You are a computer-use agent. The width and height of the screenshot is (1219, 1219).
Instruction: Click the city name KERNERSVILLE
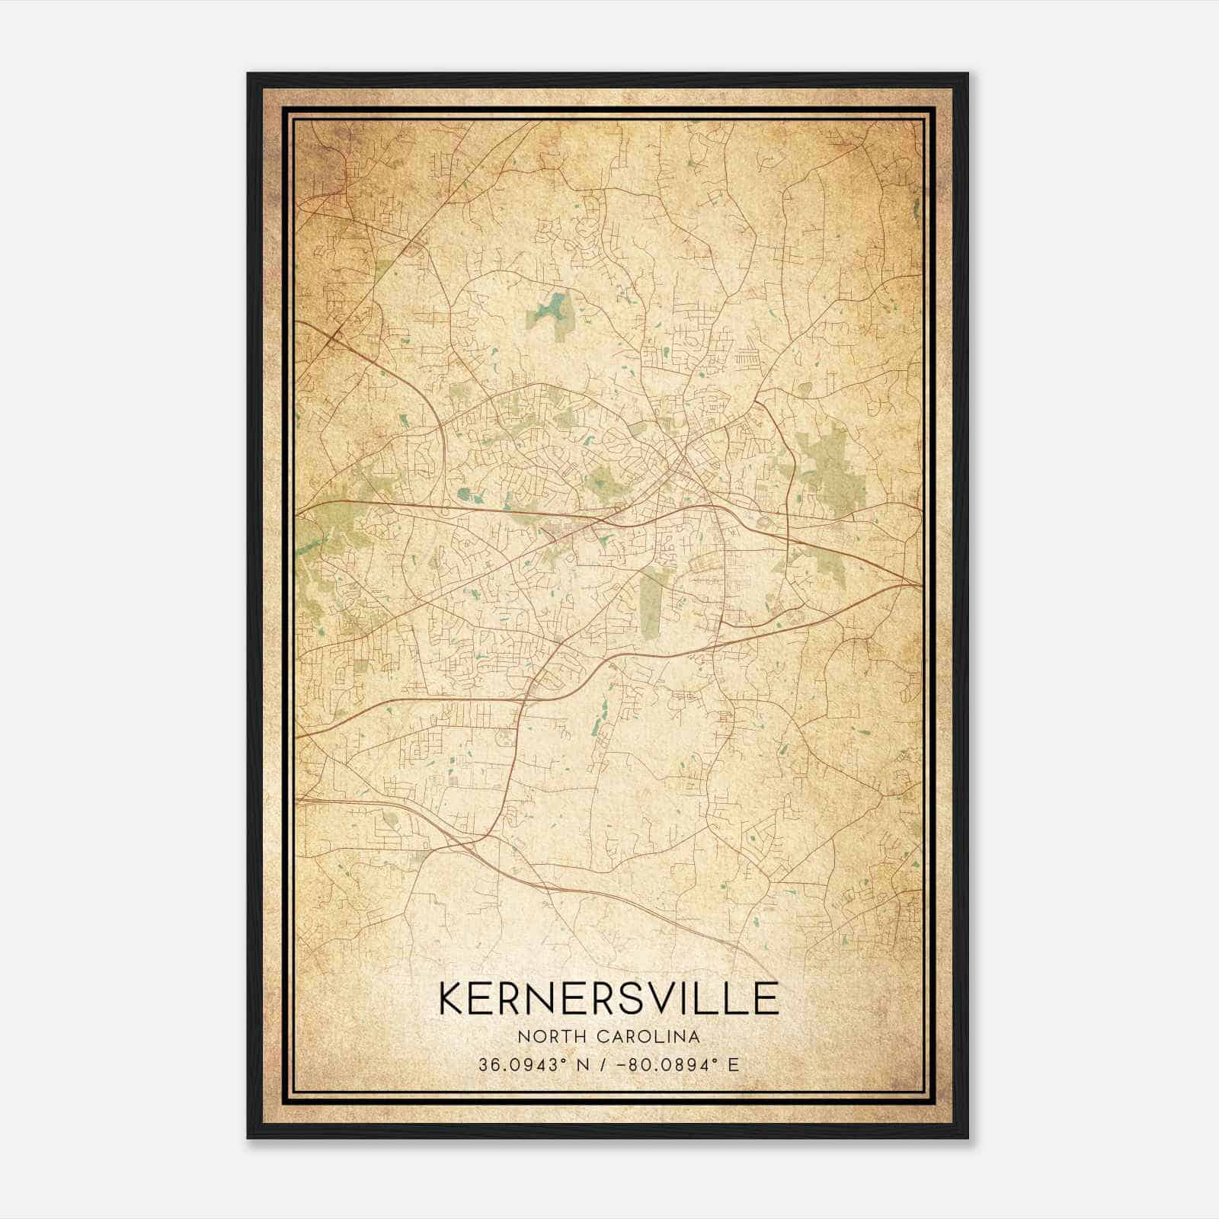pyautogui.click(x=608, y=998)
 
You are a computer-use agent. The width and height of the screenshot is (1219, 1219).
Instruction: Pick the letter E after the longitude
pyautogui.click(x=733, y=1064)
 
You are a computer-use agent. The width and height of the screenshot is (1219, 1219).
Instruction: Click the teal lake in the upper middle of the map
pyautogui.click(x=550, y=309)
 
